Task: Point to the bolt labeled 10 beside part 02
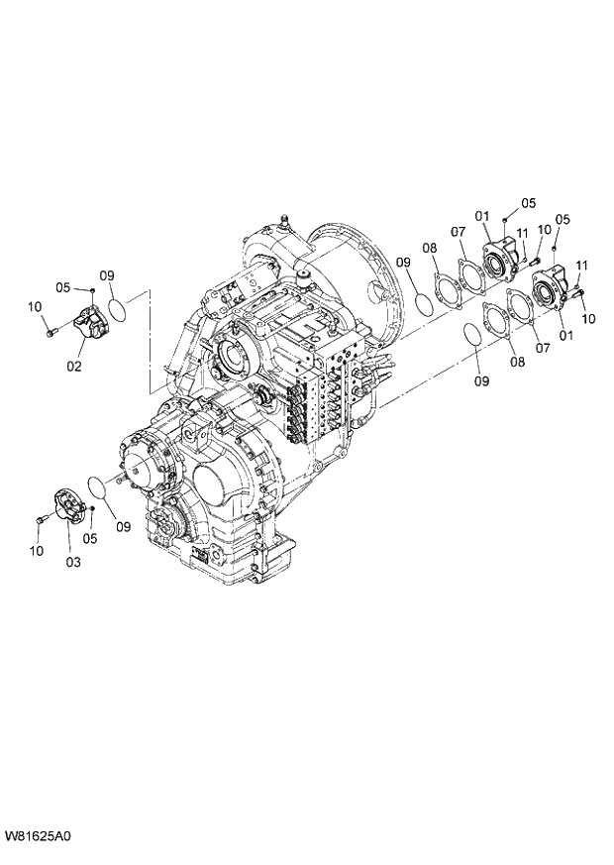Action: [x=50, y=332]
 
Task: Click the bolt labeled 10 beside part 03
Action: [x=40, y=519]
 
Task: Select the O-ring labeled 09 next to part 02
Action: [x=117, y=310]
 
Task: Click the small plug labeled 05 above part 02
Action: [x=92, y=289]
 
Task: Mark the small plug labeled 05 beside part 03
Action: [x=91, y=509]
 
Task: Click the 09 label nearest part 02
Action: [x=107, y=275]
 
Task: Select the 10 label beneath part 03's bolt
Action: [x=37, y=550]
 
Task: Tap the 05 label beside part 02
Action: [x=63, y=288]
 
